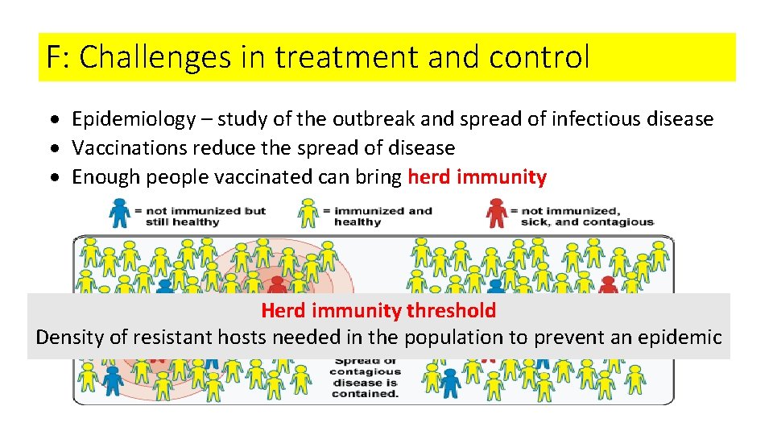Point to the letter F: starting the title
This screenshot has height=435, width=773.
click(x=58, y=57)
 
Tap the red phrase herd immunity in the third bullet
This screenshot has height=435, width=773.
click(x=477, y=177)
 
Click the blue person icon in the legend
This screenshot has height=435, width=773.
click(x=120, y=213)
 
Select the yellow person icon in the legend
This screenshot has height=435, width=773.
click(x=308, y=213)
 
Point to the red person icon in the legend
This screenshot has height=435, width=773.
click(x=497, y=213)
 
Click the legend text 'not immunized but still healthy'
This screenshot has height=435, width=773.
click(x=200, y=216)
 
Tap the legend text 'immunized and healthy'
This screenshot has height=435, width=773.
click(x=383, y=216)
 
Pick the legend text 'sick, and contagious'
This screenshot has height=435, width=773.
click(x=587, y=222)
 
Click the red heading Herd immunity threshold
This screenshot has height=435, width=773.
click(x=378, y=310)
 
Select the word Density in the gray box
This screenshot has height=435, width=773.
click(x=70, y=337)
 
